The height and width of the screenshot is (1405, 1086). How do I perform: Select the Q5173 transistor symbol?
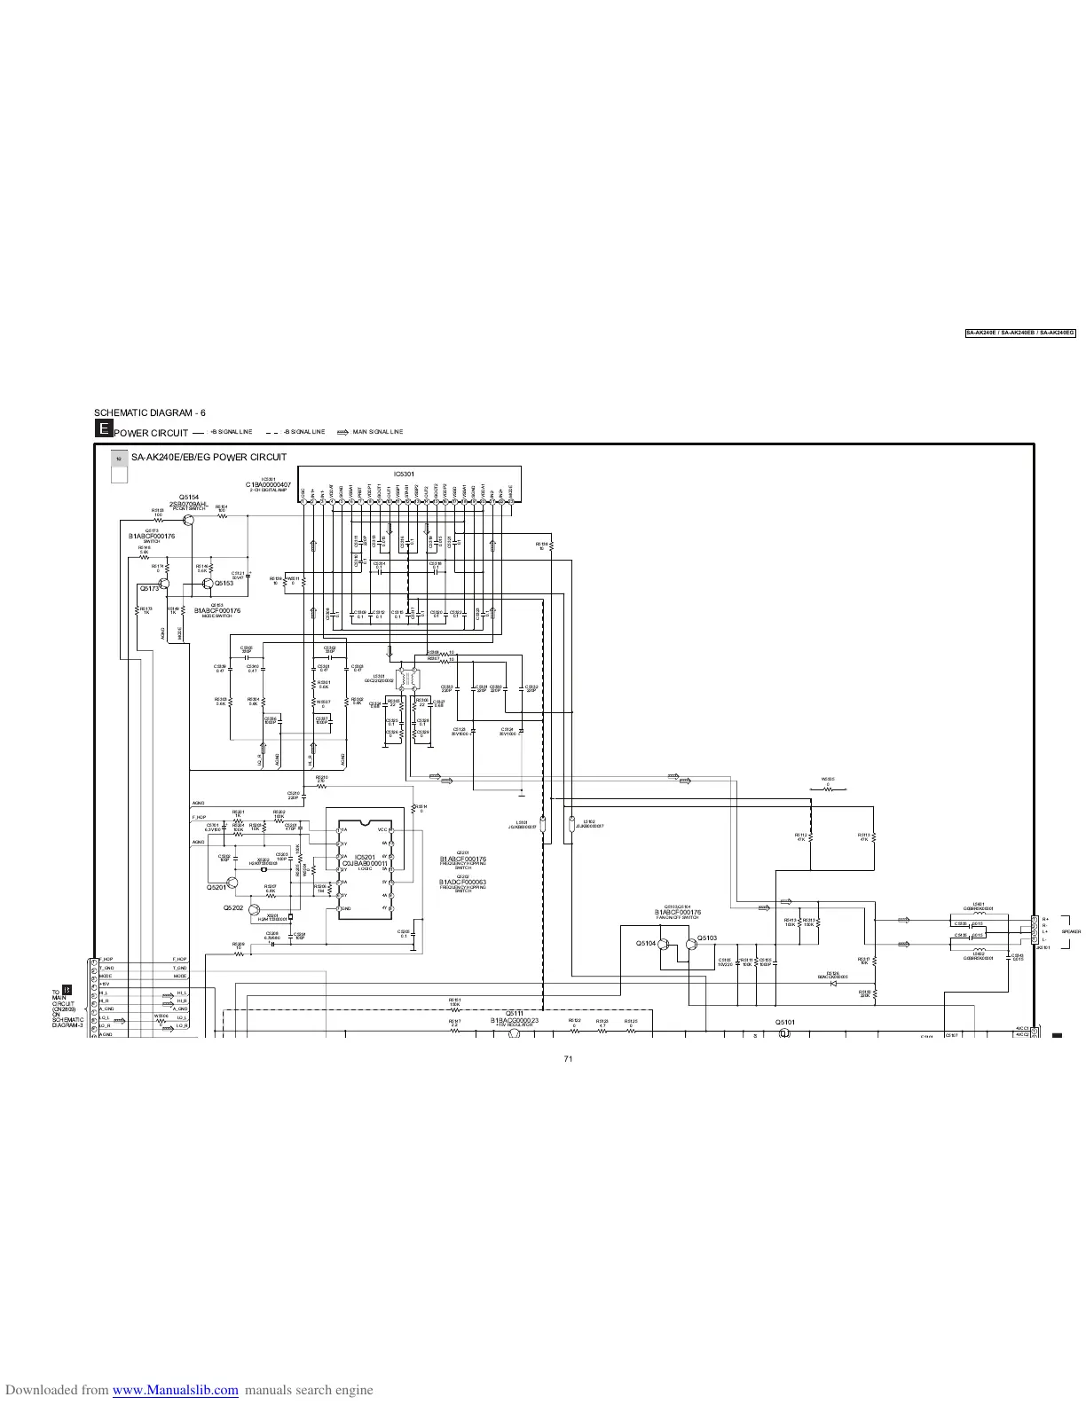pos(165,585)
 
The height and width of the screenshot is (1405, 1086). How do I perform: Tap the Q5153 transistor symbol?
pos(206,584)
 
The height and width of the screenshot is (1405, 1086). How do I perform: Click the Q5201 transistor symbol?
pos(232,883)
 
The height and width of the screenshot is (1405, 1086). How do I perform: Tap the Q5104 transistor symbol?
pos(664,945)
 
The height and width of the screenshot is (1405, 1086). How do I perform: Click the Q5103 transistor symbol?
pos(689,945)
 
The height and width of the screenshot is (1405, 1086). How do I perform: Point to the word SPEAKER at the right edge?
pos(1071,932)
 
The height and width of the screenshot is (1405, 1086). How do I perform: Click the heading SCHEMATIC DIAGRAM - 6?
pos(150,412)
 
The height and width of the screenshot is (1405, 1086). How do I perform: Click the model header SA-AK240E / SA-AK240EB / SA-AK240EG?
pos(1020,333)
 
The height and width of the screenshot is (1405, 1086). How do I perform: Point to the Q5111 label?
pos(514,1013)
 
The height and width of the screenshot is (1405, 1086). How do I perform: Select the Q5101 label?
pos(785,1022)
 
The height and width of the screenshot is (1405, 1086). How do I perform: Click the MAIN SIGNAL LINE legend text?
pos(377,432)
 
